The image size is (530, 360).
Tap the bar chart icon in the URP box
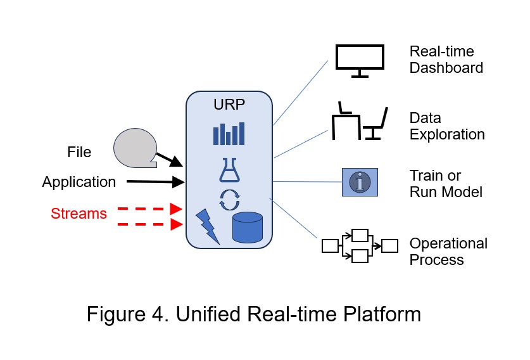[229, 132]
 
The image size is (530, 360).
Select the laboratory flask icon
[229, 170]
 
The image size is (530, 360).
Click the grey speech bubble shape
[134, 147]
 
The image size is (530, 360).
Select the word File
[79, 153]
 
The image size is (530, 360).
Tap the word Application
[79, 183]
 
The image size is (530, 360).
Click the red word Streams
[79, 214]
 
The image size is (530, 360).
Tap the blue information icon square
[360, 182]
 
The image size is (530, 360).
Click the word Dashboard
[446, 68]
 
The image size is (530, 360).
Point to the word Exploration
[447, 134]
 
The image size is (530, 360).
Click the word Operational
[448, 244]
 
